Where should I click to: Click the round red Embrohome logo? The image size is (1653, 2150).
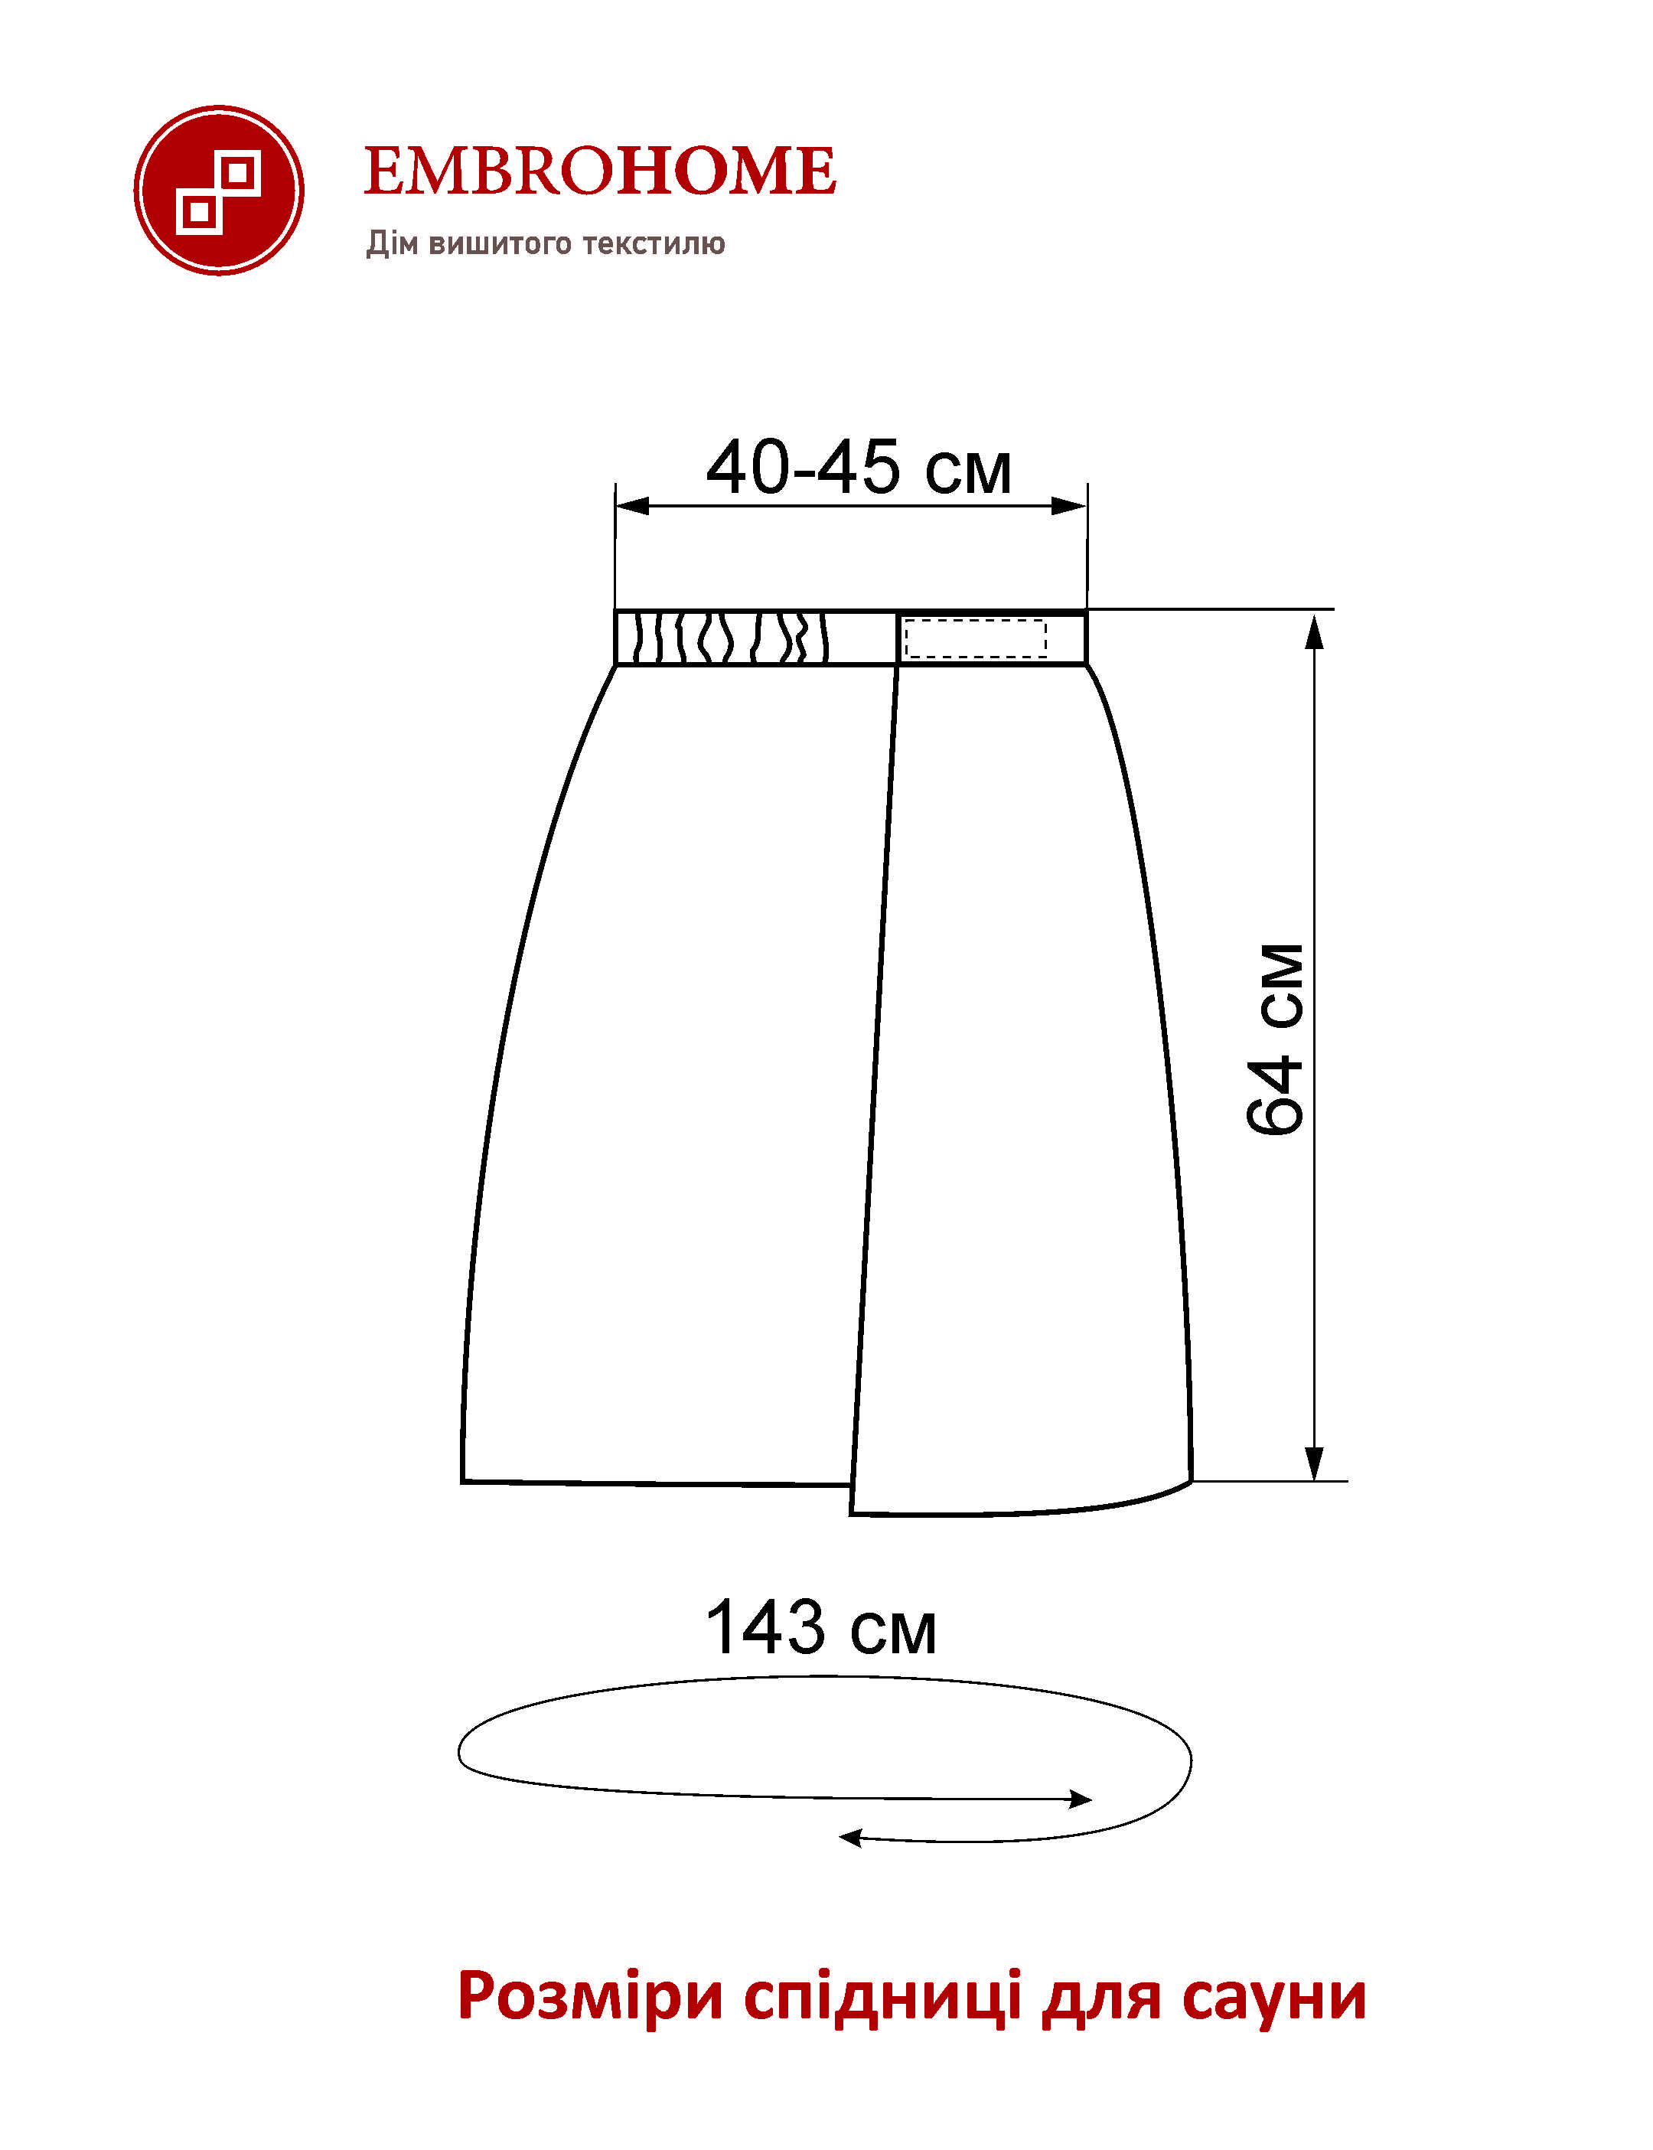[x=218, y=190]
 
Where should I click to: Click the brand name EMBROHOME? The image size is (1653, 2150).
[x=600, y=171]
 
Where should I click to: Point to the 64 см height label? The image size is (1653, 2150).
[x=1275, y=1039]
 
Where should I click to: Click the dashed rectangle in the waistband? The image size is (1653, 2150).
[x=975, y=638]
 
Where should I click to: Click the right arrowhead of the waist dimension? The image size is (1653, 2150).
[x=1070, y=506]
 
